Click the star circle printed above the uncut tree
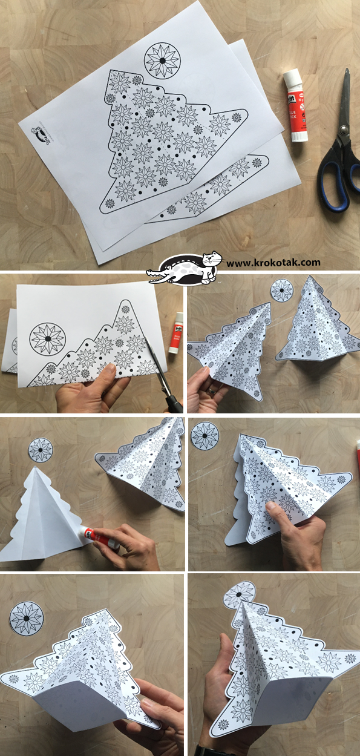point(162,61)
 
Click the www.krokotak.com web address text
point(273,262)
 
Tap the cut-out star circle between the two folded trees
point(281,291)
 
